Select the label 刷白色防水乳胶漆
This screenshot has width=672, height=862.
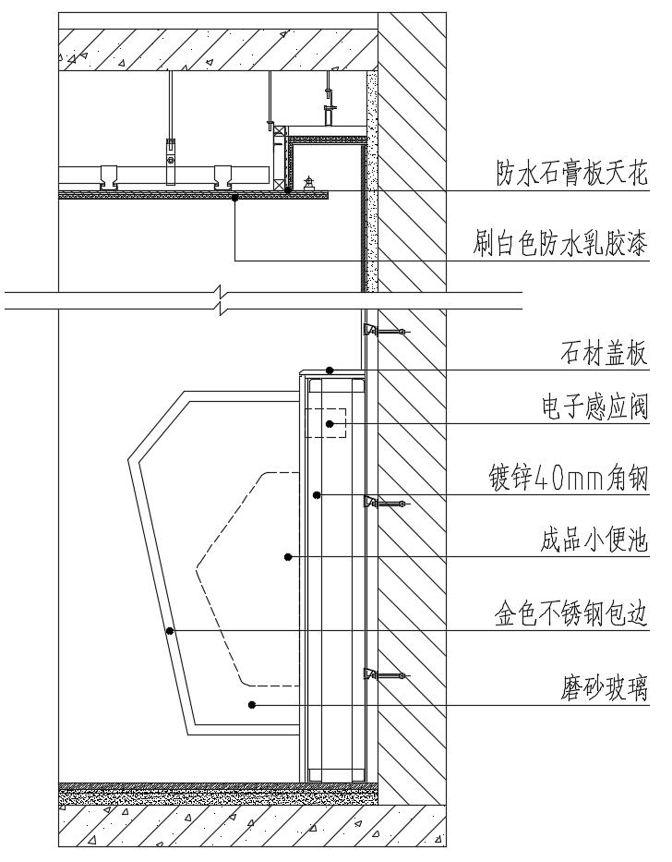560,244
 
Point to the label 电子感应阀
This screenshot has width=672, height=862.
594,407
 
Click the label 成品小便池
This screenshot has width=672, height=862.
594,540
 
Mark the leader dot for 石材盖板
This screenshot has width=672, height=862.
328,370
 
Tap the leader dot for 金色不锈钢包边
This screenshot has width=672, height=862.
171,630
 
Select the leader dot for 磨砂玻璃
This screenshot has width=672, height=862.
252,704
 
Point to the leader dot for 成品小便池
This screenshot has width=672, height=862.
288,556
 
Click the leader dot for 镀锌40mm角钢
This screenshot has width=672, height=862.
317,495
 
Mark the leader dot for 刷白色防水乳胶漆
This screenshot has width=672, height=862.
235,197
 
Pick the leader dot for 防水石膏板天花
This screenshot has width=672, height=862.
288,190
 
